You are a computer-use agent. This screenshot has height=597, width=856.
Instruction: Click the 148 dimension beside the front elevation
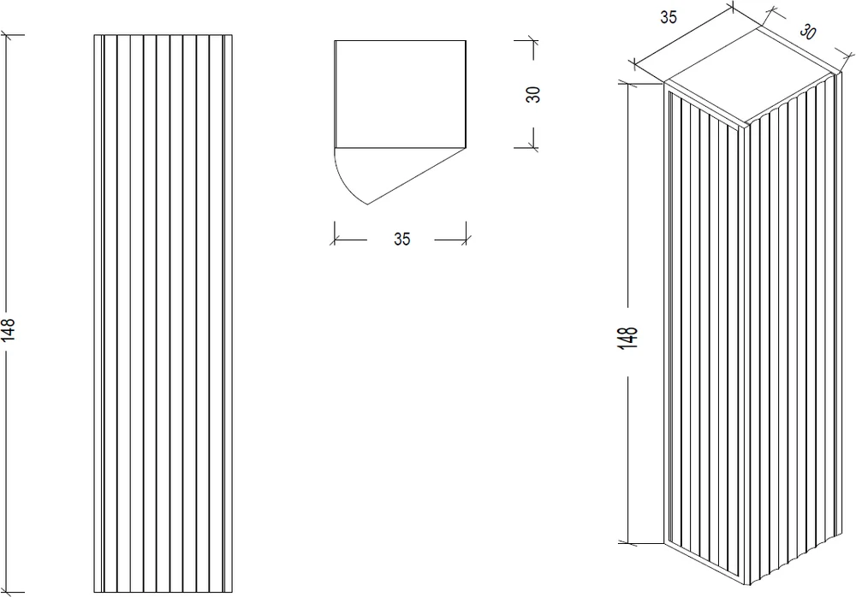(9, 329)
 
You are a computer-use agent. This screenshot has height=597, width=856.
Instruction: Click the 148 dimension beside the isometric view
(629, 338)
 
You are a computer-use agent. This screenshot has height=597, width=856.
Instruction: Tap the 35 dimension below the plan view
(401, 239)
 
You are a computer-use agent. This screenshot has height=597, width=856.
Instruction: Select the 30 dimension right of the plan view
(532, 94)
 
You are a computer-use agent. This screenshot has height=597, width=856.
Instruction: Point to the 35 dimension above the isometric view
(669, 17)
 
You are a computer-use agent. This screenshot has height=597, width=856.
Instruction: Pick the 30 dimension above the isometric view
(807, 32)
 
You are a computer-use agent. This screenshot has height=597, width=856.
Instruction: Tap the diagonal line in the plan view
(417, 176)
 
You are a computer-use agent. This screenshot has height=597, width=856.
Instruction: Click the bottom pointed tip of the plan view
(367, 204)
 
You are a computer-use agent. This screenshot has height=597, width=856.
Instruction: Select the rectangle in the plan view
(400, 94)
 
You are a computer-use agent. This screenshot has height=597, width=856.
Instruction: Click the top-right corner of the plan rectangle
(466, 40)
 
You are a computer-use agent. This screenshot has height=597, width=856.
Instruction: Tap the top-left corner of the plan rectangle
(335, 40)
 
